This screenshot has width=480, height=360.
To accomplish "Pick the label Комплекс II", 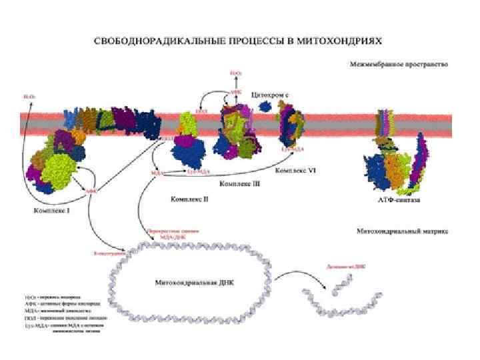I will click(x=190, y=199).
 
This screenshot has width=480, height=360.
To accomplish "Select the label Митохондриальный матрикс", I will click(x=403, y=231).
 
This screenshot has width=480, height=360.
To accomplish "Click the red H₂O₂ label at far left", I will click(x=30, y=97).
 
